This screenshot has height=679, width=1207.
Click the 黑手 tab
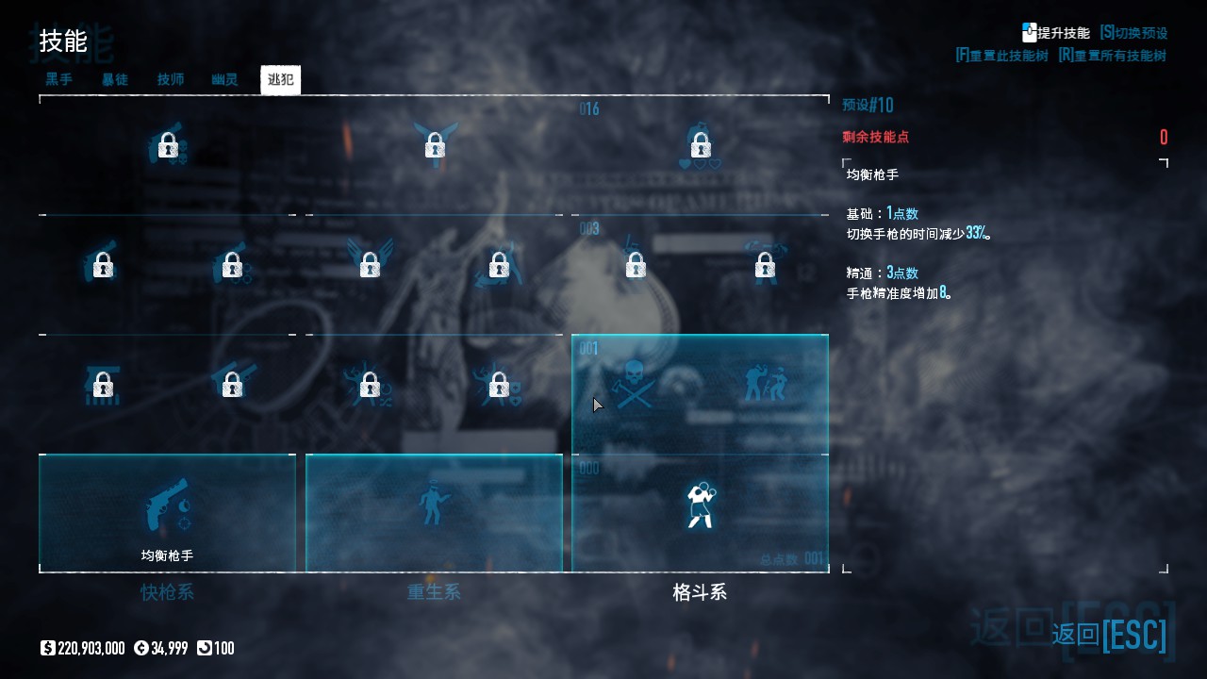click(x=59, y=79)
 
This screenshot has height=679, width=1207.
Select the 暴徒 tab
click(x=115, y=79)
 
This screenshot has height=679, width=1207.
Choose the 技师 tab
click(x=171, y=79)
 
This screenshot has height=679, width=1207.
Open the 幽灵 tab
click(x=225, y=79)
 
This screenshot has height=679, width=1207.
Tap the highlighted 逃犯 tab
click(x=280, y=79)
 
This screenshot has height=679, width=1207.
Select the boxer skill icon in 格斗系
click(x=700, y=505)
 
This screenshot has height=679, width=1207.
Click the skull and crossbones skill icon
click(x=635, y=385)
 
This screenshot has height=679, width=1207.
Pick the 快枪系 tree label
click(x=167, y=592)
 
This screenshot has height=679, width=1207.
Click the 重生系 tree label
click(x=434, y=592)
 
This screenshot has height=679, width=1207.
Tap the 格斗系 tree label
click(x=700, y=592)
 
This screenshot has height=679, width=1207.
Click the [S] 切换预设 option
click(x=1133, y=33)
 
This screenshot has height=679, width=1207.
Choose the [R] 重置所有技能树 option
click(x=1113, y=56)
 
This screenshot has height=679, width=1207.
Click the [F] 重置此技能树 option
click(x=1001, y=56)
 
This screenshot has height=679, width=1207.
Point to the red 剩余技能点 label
click(x=876, y=137)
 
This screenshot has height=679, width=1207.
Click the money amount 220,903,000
click(x=91, y=648)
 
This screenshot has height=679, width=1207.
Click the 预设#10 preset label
click(x=868, y=105)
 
